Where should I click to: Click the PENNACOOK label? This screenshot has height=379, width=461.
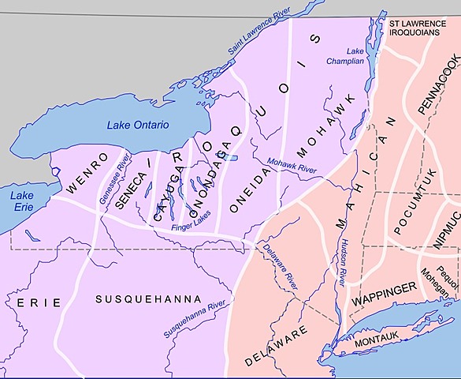pyautogui.click(x=437, y=85)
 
